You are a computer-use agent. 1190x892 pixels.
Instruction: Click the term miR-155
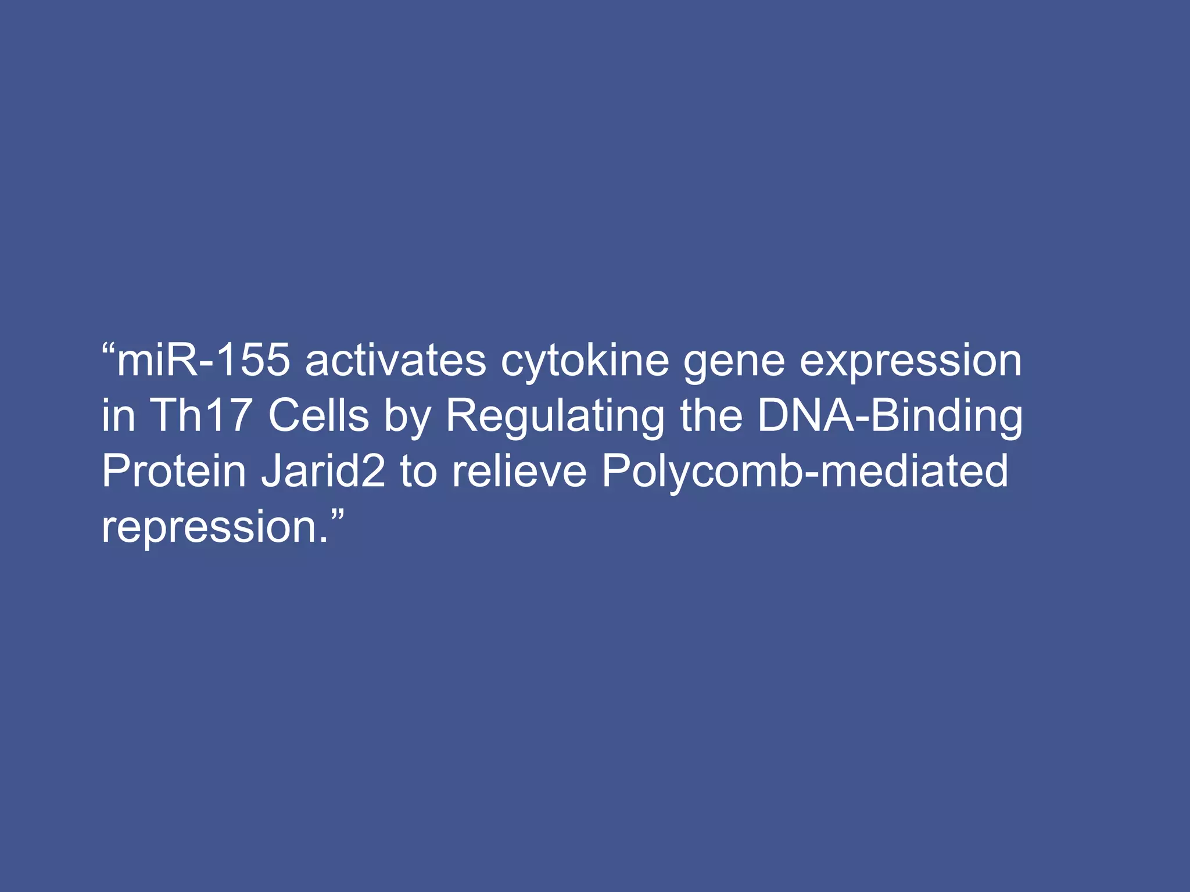click(x=203, y=360)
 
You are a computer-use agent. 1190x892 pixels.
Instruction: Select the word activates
click(x=395, y=360)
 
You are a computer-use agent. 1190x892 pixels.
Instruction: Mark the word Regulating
click(x=555, y=417)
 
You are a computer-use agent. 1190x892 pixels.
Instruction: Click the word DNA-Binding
click(x=890, y=417)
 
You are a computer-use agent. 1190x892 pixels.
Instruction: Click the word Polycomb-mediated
click(x=805, y=472)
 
